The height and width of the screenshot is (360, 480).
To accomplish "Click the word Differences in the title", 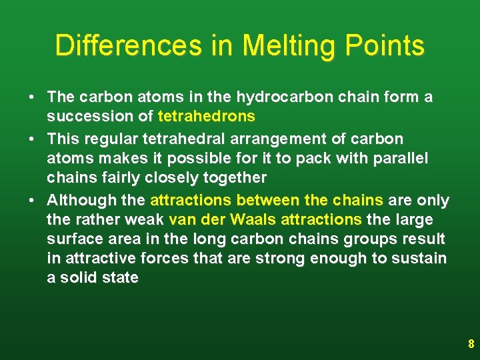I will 127,46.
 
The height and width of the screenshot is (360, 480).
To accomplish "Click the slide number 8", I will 471,345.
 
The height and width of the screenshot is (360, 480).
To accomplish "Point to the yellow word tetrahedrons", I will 207,117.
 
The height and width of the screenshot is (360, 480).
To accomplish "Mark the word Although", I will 79,200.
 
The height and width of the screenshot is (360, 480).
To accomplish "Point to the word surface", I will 72,239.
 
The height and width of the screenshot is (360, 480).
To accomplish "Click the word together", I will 236,178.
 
